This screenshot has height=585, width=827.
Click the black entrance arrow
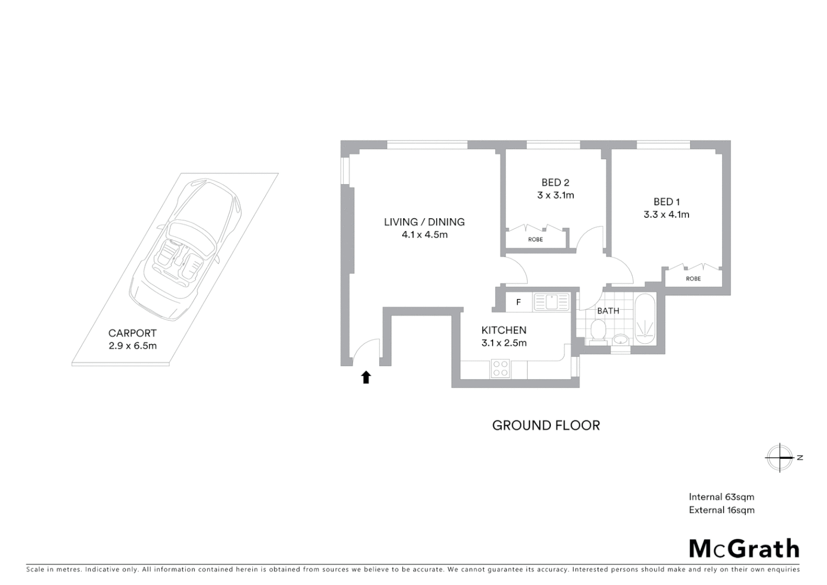pyautogui.click(x=366, y=377)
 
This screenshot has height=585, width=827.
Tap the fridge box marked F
pyautogui.click(x=518, y=302)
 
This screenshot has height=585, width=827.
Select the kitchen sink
pyautogui.click(x=551, y=302)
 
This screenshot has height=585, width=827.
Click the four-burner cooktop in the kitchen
pyautogui.click(x=500, y=369)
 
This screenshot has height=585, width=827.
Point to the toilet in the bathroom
pyautogui.click(x=598, y=331)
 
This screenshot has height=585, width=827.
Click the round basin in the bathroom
pyautogui.click(x=621, y=340)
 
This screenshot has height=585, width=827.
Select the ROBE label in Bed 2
pyautogui.click(x=535, y=239)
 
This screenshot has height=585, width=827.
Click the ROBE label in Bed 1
pyautogui.click(x=693, y=279)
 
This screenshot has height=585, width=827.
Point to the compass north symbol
pyautogui.click(x=780, y=458)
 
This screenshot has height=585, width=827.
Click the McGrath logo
pyautogui.click(x=744, y=549)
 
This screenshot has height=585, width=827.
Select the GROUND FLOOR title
pyautogui.click(x=546, y=426)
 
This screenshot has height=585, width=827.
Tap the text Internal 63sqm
pyautogui.click(x=721, y=497)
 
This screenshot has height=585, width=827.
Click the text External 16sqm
pyautogui.click(x=721, y=510)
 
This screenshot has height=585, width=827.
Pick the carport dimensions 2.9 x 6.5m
pyautogui.click(x=133, y=346)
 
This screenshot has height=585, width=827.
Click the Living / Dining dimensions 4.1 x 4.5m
pyautogui.click(x=424, y=235)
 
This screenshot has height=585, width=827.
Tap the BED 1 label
pyautogui.click(x=666, y=202)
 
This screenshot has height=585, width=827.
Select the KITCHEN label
pyautogui.click(x=503, y=330)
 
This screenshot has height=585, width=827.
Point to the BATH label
pyautogui.click(x=608, y=311)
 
